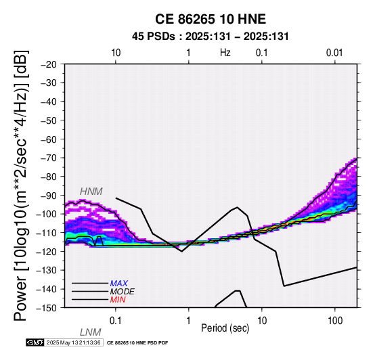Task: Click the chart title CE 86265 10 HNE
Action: [x=211, y=19]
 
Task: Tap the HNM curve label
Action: [x=91, y=192]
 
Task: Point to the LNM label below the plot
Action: [x=91, y=332]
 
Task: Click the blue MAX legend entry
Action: [x=118, y=284]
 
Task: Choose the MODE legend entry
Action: [x=122, y=292]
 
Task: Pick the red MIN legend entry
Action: [x=118, y=300]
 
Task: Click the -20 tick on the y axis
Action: [x=49, y=64]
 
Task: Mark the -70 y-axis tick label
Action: [x=49, y=158]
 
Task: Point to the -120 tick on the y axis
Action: [x=47, y=252]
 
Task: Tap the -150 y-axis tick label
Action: [x=47, y=308]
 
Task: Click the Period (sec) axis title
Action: [x=225, y=328]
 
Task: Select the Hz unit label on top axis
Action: [x=225, y=53]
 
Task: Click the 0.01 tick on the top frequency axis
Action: [x=334, y=53]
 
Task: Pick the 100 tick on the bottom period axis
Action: [x=335, y=321]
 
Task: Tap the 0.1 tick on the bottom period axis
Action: [x=116, y=321]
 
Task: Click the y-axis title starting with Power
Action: [x=20, y=185]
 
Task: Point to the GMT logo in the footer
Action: [x=35, y=342]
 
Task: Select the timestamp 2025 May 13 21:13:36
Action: [x=73, y=342]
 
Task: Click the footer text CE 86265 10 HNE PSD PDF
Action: [x=137, y=343]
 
